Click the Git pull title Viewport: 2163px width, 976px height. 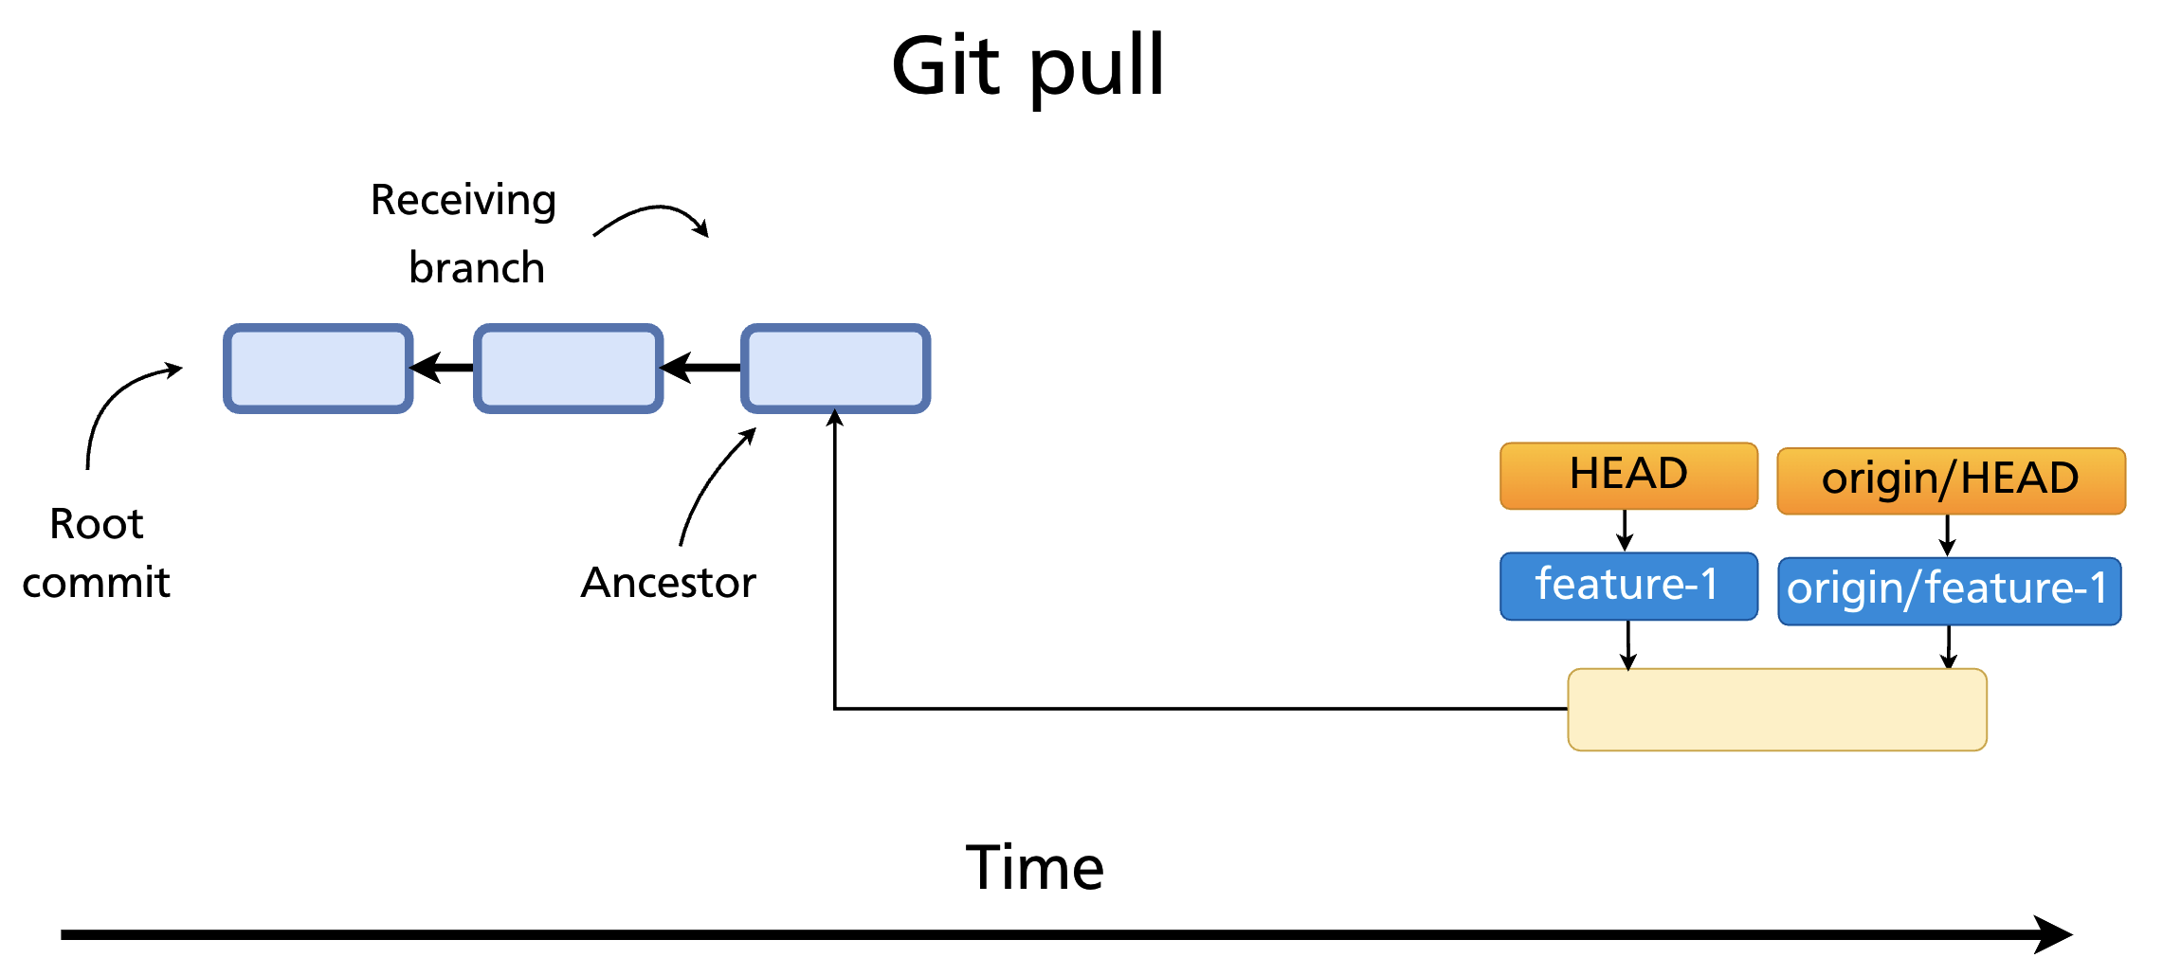click(1027, 66)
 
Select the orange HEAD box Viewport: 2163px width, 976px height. click(1627, 476)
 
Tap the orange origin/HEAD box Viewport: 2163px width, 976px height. click(1950, 480)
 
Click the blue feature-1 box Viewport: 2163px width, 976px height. click(1627, 586)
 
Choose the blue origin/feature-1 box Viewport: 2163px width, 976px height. click(1948, 590)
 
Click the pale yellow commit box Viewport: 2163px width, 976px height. click(1776, 710)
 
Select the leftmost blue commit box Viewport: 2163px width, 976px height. click(318, 368)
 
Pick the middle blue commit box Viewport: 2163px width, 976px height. click(568, 368)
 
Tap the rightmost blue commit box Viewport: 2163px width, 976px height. click(834, 368)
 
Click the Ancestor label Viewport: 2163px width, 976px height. click(668, 582)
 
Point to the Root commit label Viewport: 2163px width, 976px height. click(96, 552)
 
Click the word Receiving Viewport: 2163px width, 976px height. click(463, 200)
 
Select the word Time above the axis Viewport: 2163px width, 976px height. click(1034, 867)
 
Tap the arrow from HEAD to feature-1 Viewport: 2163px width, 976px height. click(1625, 531)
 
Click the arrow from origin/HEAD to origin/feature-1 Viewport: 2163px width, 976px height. click(1947, 535)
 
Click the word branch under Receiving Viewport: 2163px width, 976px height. click(477, 268)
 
